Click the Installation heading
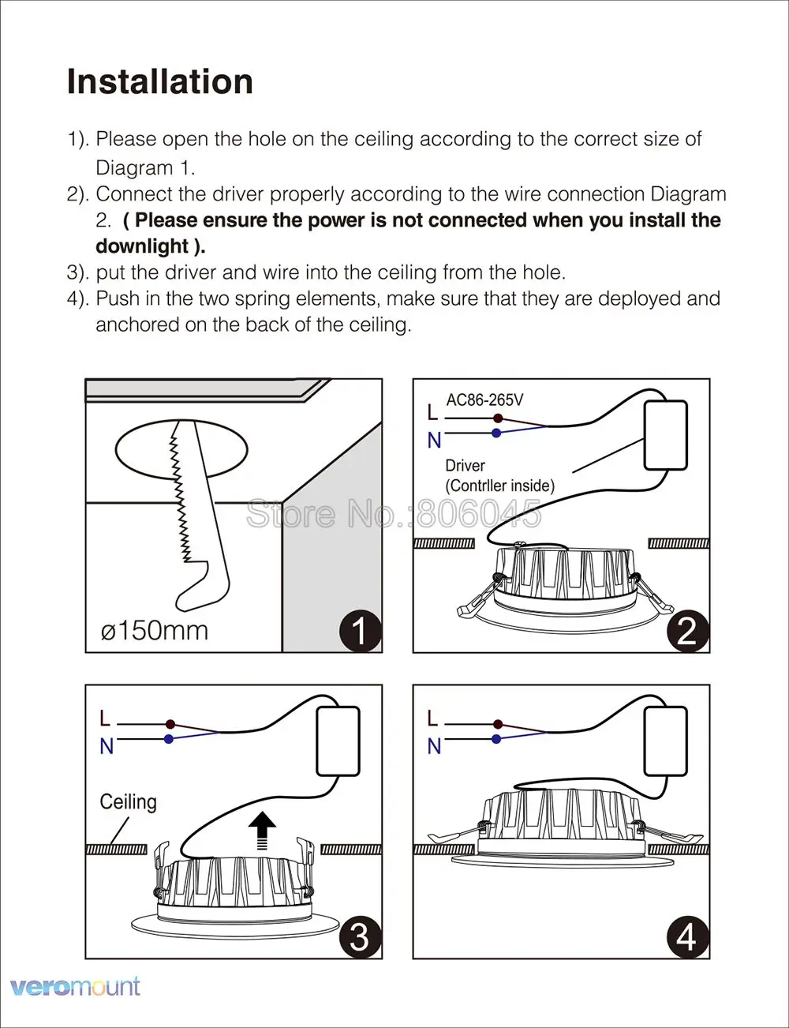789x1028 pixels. (x=160, y=81)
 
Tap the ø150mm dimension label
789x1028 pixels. (x=155, y=630)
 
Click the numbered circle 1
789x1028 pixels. (x=360, y=631)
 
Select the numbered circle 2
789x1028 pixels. (x=687, y=631)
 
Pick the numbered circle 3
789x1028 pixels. (x=360, y=936)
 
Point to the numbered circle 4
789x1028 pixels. (x=687, y=936)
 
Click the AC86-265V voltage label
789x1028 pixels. (x=484, y=400)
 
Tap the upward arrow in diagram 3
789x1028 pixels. (x=262, y=831)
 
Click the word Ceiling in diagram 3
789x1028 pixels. (x=128, y=802)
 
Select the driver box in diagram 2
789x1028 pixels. (x=666, y=435)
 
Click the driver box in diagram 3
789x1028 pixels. (x=338, y=741)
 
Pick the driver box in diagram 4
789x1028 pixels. (x=666, y=741)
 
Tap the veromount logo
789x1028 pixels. (x=76, y=986)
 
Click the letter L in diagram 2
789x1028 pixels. (x=432, y=412)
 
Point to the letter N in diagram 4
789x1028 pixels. (x=434, y=746)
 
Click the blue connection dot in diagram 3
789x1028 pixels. (x=169, y=739)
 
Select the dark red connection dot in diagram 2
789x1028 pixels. (x=497, y=418)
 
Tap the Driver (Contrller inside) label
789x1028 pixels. (x=499, y=475)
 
